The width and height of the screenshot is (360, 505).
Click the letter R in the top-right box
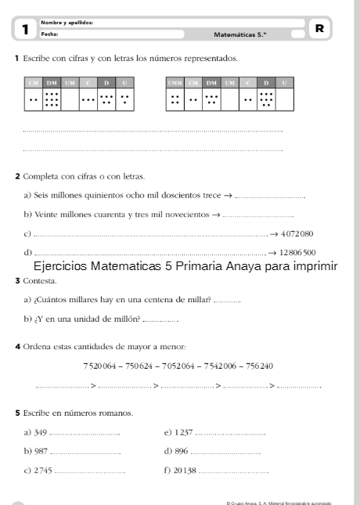tap(319, 28)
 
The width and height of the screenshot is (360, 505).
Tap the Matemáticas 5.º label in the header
tap(239, 34)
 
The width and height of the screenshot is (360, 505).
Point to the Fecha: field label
tap(49, 34)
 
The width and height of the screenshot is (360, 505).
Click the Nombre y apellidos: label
tap(67, 23)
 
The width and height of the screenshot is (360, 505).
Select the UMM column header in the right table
tap(175, 83)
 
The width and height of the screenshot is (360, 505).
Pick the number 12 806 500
tap(297, 252)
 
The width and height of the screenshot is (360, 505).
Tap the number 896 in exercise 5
tap(181, 451)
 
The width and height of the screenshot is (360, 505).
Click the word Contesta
tap(40, 280)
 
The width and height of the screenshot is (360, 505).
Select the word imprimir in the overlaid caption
tap(311, 266)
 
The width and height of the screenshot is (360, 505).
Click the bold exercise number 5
tap(17, 413)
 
